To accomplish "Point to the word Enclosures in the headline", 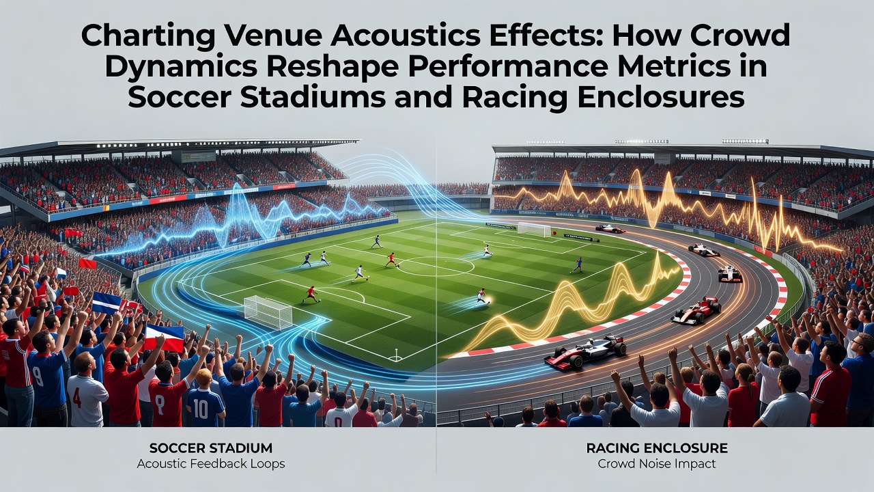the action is coord(662,98).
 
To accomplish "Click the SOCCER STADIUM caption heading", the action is coord(211,448).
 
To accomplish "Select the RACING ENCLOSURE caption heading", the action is coord(657,448).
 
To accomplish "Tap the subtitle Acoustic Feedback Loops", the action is coord(211,464).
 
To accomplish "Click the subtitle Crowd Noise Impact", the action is coord(657,464).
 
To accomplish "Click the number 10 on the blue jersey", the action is coord(200,409).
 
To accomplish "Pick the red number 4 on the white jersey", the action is coord(77,398).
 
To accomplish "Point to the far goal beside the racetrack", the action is coord(534,229).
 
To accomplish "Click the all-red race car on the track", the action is coord(696,310).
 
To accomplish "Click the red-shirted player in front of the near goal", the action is coord(311,295).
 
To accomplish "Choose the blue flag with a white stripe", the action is coord(106,303).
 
